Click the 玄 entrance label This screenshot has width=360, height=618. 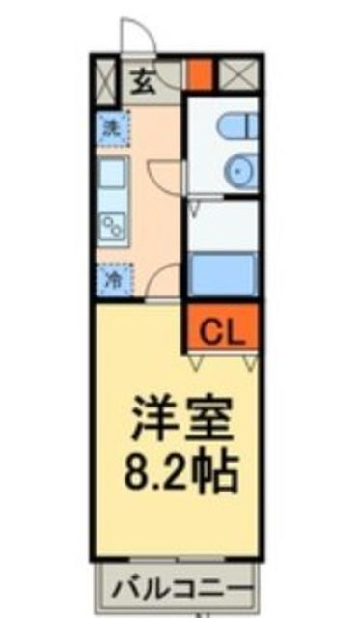pyautogui.click(x=143, y=82)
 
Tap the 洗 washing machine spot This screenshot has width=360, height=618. pyautogui.click(x=111, y=125)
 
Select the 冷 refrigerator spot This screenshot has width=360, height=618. pyautogui.click(x=112, y=280)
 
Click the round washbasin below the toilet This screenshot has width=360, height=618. pyautogui.click(x=238, y=171)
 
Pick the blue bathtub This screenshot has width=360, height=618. pyautogui.click(x=221, y=274)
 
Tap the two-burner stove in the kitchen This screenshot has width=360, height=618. pyautogui.click(x=112, y=229)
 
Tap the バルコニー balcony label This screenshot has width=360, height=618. pyautogui.click(x=180, y=587)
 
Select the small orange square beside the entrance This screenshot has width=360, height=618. pyautogui.click(x=199, y=74)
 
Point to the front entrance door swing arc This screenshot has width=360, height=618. pyautogui.click(x=138, y=39)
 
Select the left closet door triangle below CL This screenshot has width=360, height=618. pyautogui.click(x=197, y=362)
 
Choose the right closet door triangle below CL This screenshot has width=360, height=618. pyautogui.click(x=249, y=362)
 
